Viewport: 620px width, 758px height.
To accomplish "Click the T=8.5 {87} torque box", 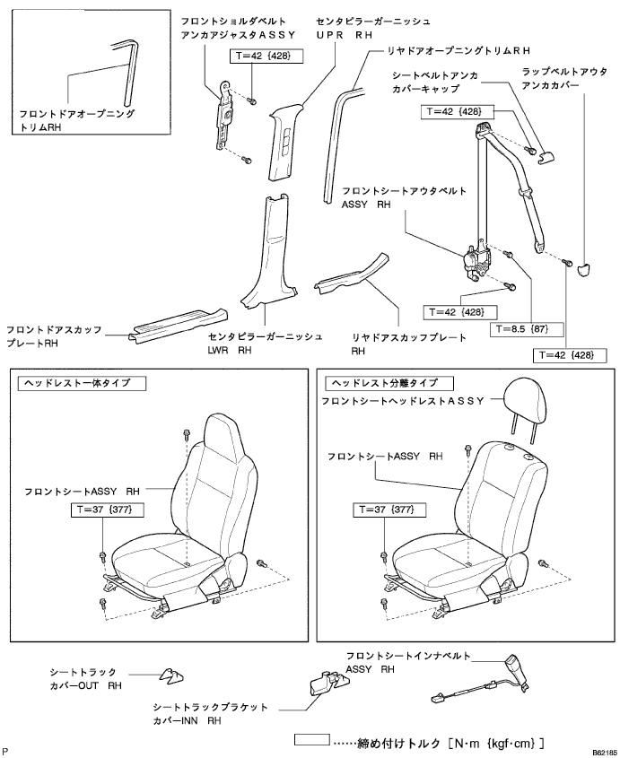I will pyautogui.click(x=526, y=329).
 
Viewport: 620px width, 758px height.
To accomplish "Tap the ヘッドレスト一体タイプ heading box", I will pyautogui.click(x=82, y=383).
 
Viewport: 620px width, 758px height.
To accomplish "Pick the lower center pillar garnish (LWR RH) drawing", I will pyautogui.click(x=266, y=256).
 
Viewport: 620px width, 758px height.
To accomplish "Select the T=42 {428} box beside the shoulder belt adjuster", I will pyautogui.click(x=266, y=55).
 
